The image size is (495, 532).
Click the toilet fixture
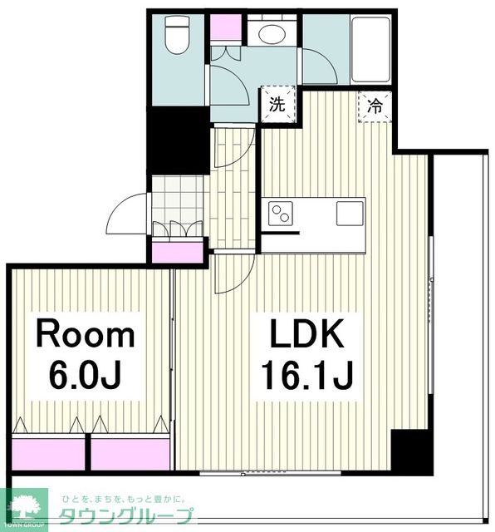pyautogui.click(x=176, y=34)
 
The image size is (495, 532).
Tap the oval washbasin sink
pyautogui.click(x=272, y=33)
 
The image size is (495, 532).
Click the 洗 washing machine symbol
pyautogui.click(x=277, y=105)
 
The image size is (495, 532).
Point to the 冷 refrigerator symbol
pyautogui.click(x=375, y=106)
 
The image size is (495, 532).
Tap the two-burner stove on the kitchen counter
pyautogui.click(x=281, y=213)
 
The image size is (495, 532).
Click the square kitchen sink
pyautogui.click(x=350, y=213)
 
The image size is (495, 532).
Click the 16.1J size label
pyautogui.click(x=307, y=375)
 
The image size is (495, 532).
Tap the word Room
pyautogui.click(x=86, y=333)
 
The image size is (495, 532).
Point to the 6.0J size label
pyautogui.click(x=85, y=375)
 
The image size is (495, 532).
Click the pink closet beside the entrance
pyautogui.click(x=177, y=252)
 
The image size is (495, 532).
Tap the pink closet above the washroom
pyautogui.click(x=226, y=27)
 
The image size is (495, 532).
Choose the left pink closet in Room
pyautogui.click(x=48, y=454)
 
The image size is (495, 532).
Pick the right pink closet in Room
pyautogui.click(x=130, y=454)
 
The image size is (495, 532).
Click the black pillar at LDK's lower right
pyautogui.click(x=412, y=452)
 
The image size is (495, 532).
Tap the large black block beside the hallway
pyautogui.click(x=178, y=140)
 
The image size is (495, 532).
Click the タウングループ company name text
pyautogui.click(x=126, y=516)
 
